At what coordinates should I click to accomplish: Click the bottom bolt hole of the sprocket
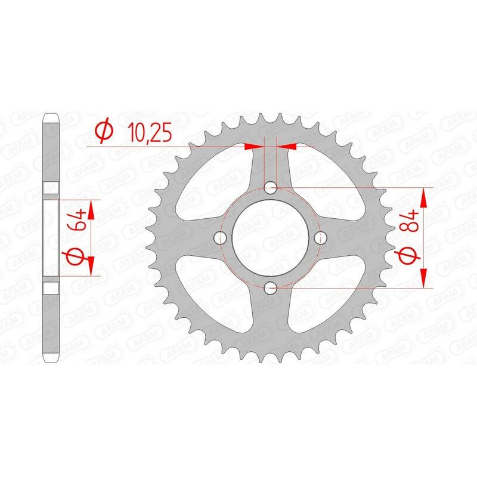(x=270, y=288)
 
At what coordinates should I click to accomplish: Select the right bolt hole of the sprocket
(x=320, y=238)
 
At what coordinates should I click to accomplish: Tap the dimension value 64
(x=78, y=223)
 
